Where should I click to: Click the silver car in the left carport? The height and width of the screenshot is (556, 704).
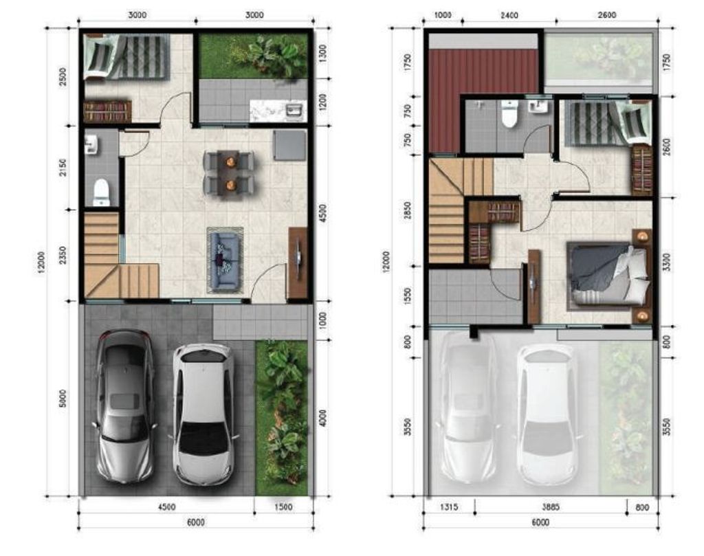tap(124, 405)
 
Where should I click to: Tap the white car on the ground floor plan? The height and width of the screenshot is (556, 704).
tap(203, 412)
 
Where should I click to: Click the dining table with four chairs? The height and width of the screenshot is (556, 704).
tap(228, 172)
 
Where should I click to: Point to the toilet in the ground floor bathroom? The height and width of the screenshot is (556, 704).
tap(101, 192)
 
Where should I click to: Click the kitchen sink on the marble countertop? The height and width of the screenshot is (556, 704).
tap(296, 110)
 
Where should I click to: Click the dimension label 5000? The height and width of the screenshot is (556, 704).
tap(63, 399)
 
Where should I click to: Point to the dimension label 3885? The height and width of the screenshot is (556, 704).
tap(551, 507)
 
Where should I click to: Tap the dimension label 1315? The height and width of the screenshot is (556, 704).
tap(449, 507)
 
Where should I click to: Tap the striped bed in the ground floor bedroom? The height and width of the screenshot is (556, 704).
tap(137, 56)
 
